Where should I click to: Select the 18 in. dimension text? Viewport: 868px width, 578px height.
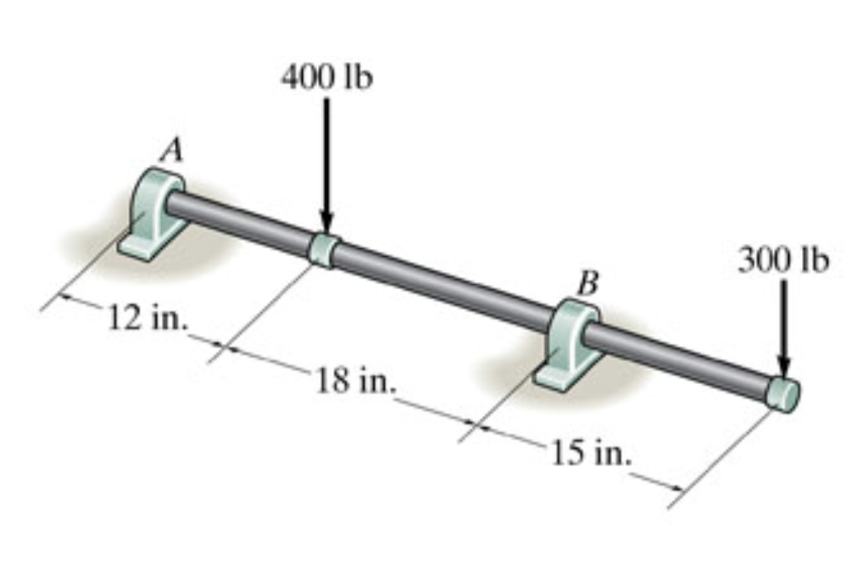(356, 381)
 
